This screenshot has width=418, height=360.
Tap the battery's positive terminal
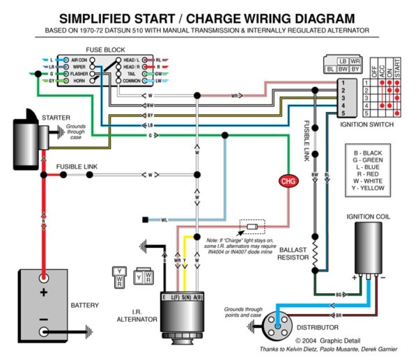coord(43,291)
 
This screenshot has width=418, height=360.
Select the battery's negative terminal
coord(43,329)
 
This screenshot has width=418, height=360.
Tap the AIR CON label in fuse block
coord(79,61)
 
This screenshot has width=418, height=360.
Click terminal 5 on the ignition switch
coord(342,113)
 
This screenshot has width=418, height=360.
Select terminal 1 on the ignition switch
coord(342,82)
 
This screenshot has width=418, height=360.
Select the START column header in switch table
coord(398,69)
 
